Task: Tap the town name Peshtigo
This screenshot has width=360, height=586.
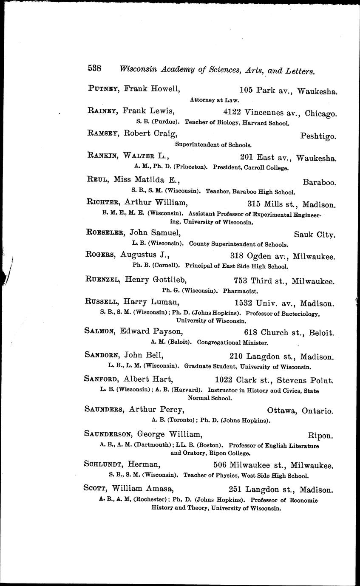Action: (x=318, y=137)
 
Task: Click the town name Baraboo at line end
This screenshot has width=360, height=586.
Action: (x=319, y=182)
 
